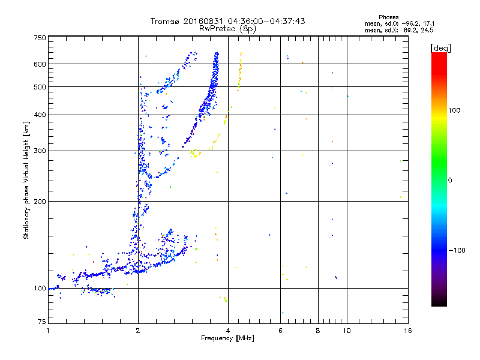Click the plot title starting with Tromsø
(x=227, y=21)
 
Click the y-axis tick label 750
(x=40, y=38)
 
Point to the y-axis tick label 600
(x=40, y=64)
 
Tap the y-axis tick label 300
(x=40, y=151)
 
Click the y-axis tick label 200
(x=40, y=202)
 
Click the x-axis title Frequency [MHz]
(x=227, y=339)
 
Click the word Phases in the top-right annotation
(x=389, y=17)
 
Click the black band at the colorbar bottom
(x=439, y=304)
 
